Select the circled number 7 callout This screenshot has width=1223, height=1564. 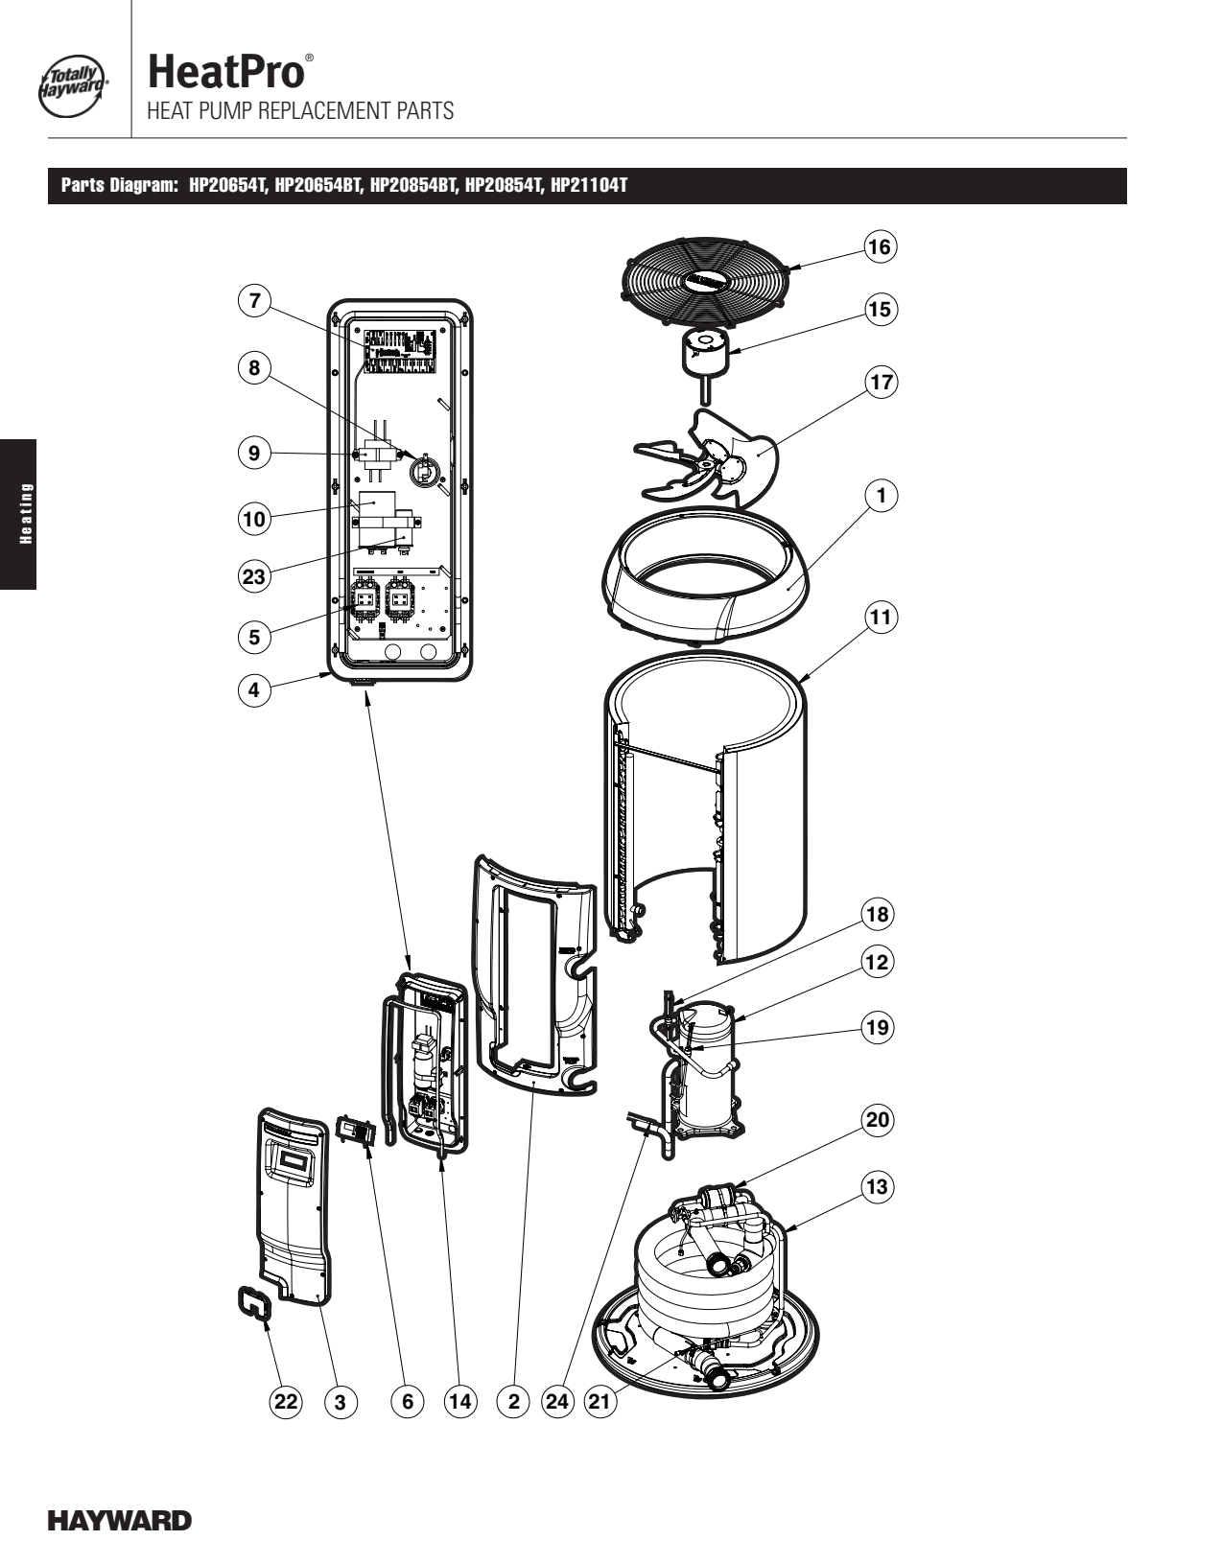(x=254, y=301)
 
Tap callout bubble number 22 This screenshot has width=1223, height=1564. (x=286, y=1401)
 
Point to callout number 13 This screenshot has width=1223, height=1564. (x=877, y=1187)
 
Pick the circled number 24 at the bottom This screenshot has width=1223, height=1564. (x=557, y=1401)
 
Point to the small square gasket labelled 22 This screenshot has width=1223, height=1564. (x=255, y=1305)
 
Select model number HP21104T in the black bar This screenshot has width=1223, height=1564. (x=588, y=186)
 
